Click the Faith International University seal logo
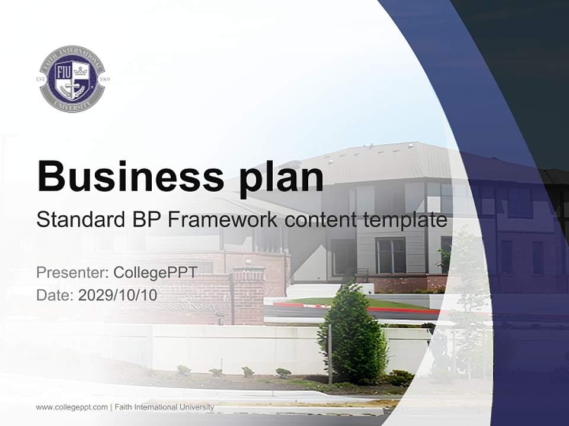click(x=72, y=79)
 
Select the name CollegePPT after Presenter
click(x=155, y=273)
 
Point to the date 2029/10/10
click(x=117, y=295)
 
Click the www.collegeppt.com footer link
click(x=72, y=407)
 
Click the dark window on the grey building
click(x=391, y=255)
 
